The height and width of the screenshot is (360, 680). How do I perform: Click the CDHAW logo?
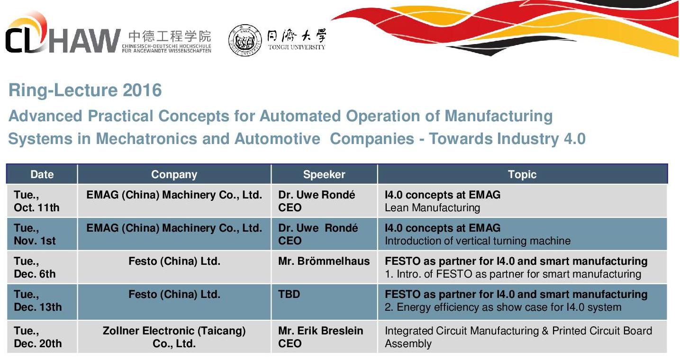(x=63, y=34)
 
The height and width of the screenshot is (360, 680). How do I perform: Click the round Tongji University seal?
(x=245, y=40)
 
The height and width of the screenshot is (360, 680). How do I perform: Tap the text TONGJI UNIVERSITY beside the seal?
(x=297, y=47)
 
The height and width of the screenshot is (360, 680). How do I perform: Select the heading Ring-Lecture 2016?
(x=85, y=90)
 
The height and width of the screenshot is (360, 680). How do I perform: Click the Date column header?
(x=42, y=174)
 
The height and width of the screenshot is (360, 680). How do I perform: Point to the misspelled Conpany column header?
(x=174, y=174)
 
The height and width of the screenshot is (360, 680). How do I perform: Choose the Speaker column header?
(x=324, y=174)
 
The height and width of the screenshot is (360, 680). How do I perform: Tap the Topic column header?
(x=522, y=174)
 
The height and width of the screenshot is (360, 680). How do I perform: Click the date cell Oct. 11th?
(x=37, y=207)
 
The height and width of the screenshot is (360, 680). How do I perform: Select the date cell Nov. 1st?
(x=35, y=241)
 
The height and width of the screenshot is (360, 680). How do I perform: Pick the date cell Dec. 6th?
(x=35, y=274)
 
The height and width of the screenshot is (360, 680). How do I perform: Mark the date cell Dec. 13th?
(x=37, y=307)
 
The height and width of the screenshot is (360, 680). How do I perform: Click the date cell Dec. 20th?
(x=37, y=343)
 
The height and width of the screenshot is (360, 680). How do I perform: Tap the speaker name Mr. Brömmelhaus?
(x=324, y=261)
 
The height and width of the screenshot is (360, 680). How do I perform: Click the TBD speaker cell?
(x=289, y=294)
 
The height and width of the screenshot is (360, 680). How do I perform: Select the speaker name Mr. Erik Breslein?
(x=320, y=331)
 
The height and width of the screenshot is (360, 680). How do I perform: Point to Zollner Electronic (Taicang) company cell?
(x=174, y=337)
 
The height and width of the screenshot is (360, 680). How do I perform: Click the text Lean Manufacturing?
(x=432, y=207)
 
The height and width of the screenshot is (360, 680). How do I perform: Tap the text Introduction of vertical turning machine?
(x=478, y=241)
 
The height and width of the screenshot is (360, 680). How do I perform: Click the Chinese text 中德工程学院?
(x=170, y=36)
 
